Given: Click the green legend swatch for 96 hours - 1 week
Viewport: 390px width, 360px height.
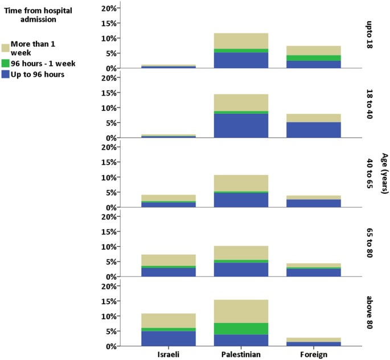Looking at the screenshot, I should pyautogui.click(x=5, y=64).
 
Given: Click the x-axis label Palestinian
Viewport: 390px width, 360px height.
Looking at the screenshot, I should pyautogui.click(x=241, y=354).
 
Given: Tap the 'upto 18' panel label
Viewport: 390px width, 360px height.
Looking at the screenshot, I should pyautogui.click(x=370, y=35).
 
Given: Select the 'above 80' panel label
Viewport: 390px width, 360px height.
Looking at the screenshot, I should pyautogui.click(x=370, y=312).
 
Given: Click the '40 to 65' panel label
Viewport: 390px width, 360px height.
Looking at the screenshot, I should pyautogui.click(x=370, y=173).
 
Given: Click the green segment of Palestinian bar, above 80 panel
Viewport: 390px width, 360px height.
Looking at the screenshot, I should pyautogui.click(x=241, y=329).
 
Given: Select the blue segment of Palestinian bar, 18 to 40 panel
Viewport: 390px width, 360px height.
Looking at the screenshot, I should pyautogui.click(x=241, y=126).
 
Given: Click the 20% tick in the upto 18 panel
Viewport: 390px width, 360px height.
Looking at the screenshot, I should pyautogui.click(x=108, y=9).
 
